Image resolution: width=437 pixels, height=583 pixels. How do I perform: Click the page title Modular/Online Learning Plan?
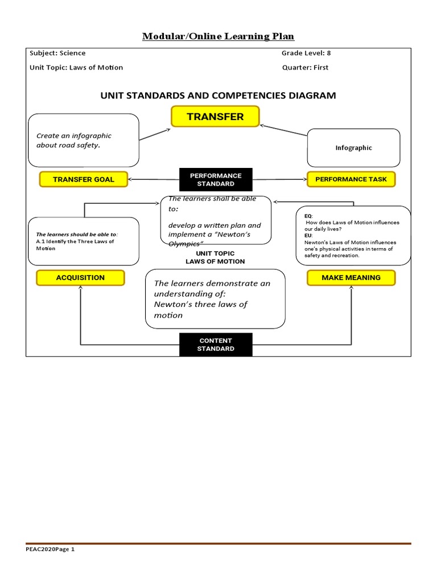(x=218, y=37)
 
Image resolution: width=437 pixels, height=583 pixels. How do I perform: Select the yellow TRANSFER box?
(x=215, y=117)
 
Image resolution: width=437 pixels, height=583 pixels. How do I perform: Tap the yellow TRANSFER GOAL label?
(x=84, y=179)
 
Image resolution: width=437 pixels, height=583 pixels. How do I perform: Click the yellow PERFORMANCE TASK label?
(x=351, y=179)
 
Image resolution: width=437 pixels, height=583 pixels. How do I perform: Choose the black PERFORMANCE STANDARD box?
(x=216, y=180)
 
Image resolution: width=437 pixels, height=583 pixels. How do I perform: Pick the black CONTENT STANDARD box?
(x=216, y=344)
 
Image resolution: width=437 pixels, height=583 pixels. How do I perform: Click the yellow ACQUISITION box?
(x=80, y=278)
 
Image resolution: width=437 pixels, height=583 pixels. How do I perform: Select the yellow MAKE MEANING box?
(x=351, y=278)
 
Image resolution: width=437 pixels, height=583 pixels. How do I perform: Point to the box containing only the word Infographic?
(x=353, y=147)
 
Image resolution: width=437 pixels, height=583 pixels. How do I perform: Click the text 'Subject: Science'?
(x=57, y=53)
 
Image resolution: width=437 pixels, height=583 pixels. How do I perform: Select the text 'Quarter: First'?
(x=304, y=67)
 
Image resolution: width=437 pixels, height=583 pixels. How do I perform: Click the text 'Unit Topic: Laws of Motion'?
(x=76, y=67)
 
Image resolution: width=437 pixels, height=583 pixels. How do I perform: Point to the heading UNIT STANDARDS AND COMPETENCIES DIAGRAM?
(x=218, y=96)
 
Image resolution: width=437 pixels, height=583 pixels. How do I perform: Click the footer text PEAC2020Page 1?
(x=50, y=550)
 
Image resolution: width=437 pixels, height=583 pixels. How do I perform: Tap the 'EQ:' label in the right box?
(x=309, y=216)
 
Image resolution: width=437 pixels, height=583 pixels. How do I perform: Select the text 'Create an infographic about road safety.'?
(x=74, y=140)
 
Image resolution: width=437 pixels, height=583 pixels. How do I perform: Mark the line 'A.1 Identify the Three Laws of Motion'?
(x=75, y=245)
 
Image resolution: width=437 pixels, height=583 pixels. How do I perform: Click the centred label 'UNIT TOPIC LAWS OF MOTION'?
(x=215, y=257)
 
